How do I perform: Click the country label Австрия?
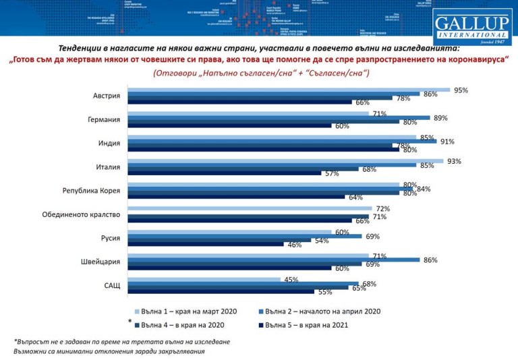(106, 96)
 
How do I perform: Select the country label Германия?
(104, 120)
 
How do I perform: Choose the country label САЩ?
(112, 285)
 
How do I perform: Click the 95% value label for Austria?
(461, 90)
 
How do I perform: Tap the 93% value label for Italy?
(454, 160)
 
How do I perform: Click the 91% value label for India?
(447, 142)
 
